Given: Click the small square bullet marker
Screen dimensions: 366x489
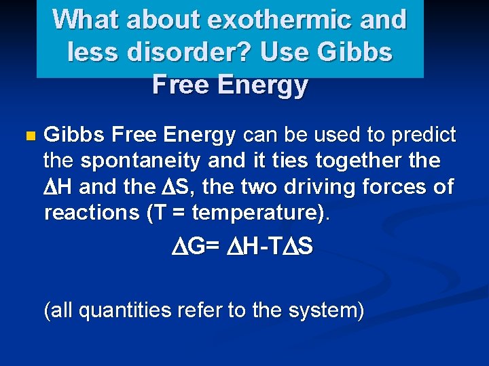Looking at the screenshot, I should pyautogui.click(x=28, y=136).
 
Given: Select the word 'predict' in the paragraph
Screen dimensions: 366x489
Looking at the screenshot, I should pyautogui.click(x=423, y=135).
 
